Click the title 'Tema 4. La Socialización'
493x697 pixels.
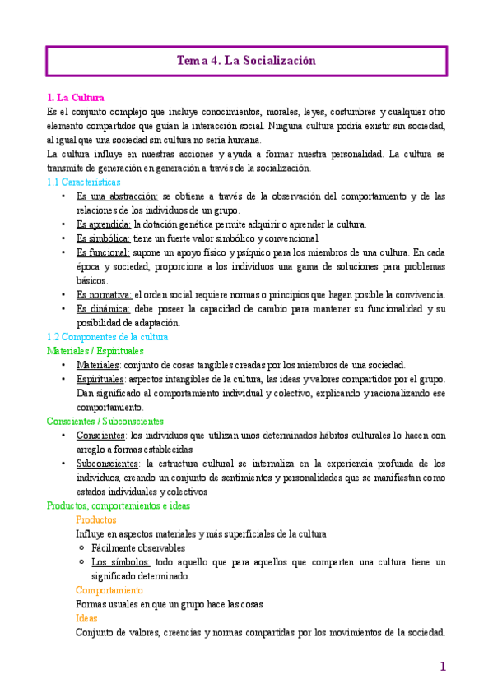tap(246, 61)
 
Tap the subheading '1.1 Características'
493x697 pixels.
tap(84, 182)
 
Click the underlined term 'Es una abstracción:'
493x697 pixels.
tap(117, 196)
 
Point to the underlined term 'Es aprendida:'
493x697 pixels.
tap(103, 224)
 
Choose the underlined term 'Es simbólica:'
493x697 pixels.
tap(103, 238)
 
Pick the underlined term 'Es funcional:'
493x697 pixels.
tap(103, 252)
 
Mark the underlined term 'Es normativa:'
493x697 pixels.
tap(104, 294)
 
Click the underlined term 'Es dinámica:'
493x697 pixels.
tap(104, 308)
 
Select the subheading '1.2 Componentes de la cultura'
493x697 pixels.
tap(108, 337)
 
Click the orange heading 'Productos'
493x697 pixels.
tap(95, 519)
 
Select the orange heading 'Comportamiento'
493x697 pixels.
tap(109, 590)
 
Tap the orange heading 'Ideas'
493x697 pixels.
tap(86, 618)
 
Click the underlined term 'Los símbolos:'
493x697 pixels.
tap(120, 562)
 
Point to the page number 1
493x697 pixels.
tap(443, 667)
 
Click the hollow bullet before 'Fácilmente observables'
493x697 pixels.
tap(81, 547)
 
